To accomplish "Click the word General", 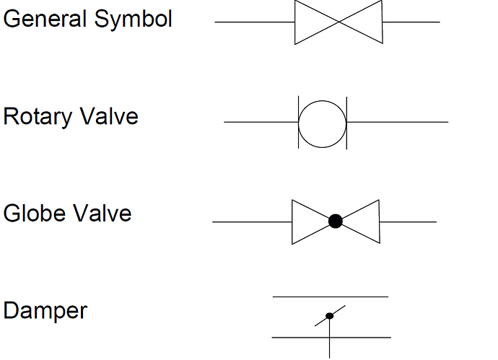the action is coord(45,19).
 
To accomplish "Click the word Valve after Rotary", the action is coord(108,115).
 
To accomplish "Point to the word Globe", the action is coord(35,212).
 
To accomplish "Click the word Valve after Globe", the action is coord(102,212).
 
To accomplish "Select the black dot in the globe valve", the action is coord(336,221).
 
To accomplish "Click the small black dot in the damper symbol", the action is coord(330,316).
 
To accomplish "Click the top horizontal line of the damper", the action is coord(331,297).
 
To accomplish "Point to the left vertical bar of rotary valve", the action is coord(299,122).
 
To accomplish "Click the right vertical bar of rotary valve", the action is coord(347,123).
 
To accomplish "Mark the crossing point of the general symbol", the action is coord(339,22).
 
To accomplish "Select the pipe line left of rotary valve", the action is coord(261,122).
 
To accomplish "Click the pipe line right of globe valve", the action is coord(408,222).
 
